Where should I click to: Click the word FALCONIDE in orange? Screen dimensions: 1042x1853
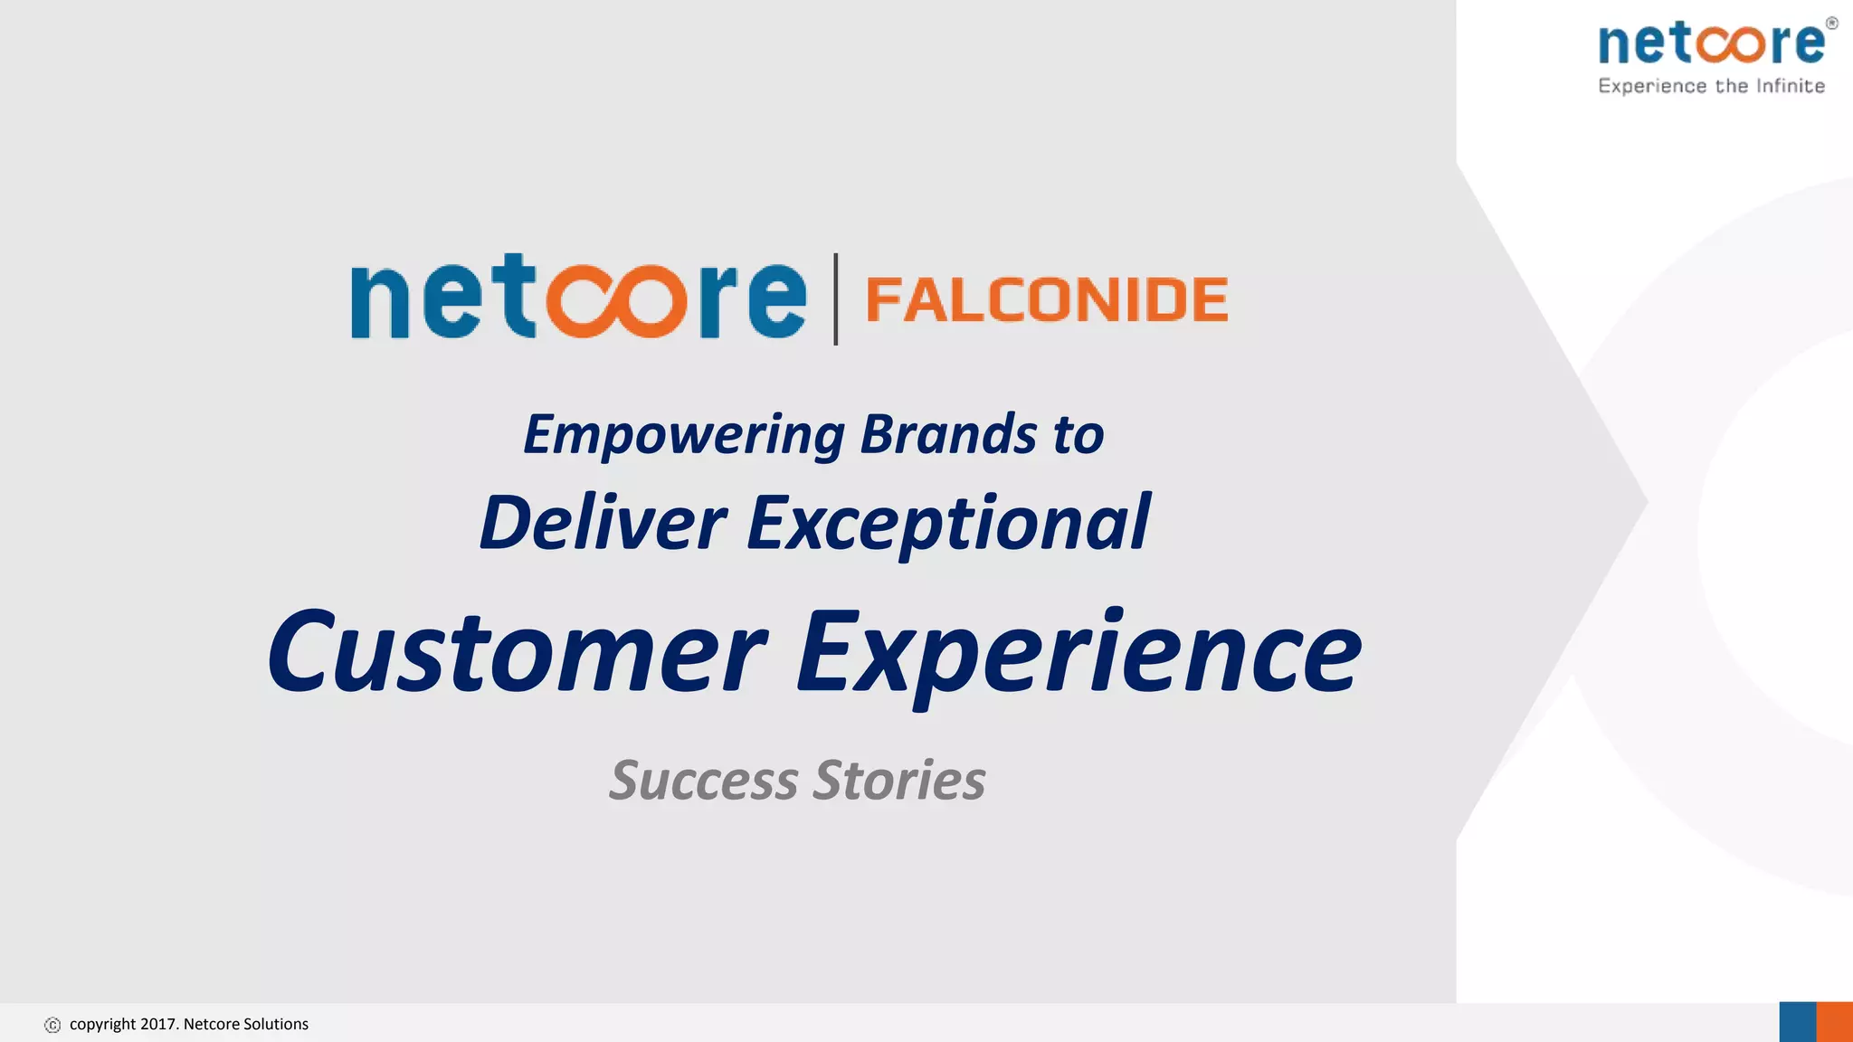click(1047, 300)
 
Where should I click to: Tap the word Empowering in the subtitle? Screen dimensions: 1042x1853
click(684, 435)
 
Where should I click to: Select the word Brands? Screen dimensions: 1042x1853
click(947, 435)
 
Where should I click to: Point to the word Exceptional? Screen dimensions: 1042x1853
click(948, 525)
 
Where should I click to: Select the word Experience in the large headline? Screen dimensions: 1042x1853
click(1078, 653)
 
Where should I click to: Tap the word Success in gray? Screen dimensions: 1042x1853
click(704, 780)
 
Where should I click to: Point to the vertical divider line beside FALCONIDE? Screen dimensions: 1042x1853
click(836, 299)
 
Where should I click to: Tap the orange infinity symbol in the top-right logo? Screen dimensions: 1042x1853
click(1731, 43)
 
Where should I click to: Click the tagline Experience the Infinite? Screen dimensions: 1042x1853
click(1711, 86)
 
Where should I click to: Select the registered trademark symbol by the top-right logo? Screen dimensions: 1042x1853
click(1831, 24)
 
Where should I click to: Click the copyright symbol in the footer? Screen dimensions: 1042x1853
click(52, 1025)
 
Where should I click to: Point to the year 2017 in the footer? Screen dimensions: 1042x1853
click(158, 1024)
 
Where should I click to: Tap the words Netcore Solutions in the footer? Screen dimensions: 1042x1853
click(246, 1024)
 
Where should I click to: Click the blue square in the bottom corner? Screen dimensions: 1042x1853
click(1797, 1022)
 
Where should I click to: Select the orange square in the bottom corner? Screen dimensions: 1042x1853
click(1835, 1022)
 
